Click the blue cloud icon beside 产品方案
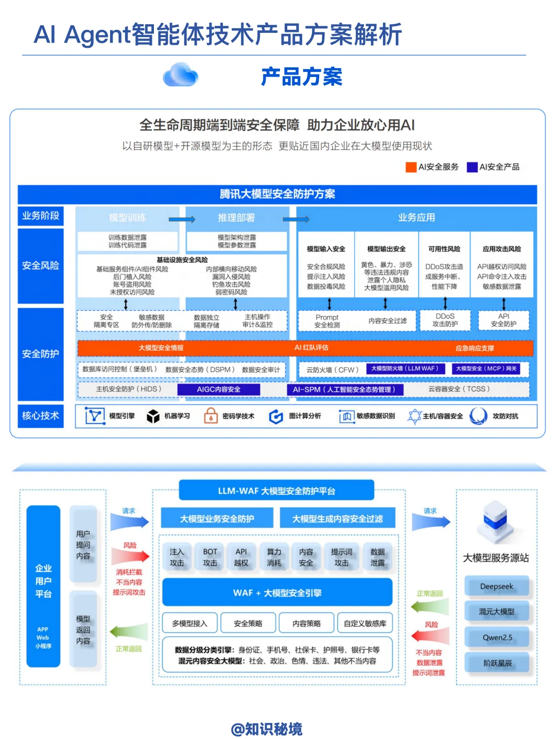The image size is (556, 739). (180, 75)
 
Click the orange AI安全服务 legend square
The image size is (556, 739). (411, 167)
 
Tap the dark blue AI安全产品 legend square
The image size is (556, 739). (472, 167)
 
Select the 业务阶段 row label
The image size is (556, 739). (41, 216)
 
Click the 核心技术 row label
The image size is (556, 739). (41, 416)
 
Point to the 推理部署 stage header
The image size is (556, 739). (236, 218)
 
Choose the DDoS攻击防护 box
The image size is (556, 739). (445, 320)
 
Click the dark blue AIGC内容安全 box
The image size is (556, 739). (219, 389)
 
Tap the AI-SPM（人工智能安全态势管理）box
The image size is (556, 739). (344, 389)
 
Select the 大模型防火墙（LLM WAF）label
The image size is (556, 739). (405, 369)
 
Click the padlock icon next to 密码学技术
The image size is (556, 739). (211, 416)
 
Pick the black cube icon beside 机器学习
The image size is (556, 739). (153, 416)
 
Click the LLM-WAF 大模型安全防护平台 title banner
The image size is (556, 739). (276, 491)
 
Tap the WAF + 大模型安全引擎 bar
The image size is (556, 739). (277, 593)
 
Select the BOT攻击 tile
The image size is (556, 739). (210, 557)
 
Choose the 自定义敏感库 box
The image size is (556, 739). (365, 623)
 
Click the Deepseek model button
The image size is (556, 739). (497, 587)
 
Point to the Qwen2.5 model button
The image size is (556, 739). (497, 638)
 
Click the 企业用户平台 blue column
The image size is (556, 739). (43, 586)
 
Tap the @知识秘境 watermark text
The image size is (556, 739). (267, 729)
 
